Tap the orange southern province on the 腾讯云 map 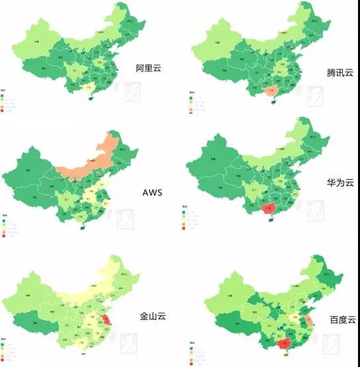click(270, 93)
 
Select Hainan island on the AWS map click(82, 227)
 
